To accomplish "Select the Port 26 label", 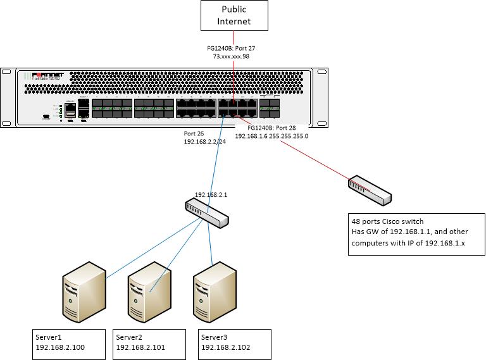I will (194, 133).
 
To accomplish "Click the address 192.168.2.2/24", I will (204, 143).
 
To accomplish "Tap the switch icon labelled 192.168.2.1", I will (207, 212).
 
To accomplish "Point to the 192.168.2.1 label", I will (211, 196).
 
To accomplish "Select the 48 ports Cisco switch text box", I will (416, 234).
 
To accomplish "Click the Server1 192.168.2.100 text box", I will (68, 342).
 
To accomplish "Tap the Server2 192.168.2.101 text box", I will (149, 342).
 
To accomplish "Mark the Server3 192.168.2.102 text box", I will (234, 342).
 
